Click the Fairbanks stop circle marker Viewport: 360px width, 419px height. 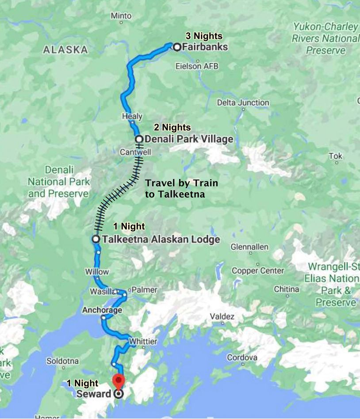click(177, 47)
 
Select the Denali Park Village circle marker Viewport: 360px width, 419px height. click(139, 140)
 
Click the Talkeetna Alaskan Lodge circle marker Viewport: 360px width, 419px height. click(96, 239)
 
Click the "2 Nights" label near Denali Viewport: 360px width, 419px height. click(172, 128)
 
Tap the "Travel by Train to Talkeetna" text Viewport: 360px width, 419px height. click(181, 188)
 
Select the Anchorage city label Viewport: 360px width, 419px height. click(102, 310)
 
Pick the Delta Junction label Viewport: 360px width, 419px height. click(243, 103)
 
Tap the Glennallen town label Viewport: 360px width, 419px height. click(249, 247)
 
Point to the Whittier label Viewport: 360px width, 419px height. click(143, 342)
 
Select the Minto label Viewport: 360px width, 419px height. click(121, 16)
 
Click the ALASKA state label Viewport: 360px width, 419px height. click(65, 50)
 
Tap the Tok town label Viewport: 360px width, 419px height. click(336, 156)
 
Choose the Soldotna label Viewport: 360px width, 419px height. click(63, 361)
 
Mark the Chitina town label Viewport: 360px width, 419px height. click(286, 289)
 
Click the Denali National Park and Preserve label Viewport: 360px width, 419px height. click(59, 182)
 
